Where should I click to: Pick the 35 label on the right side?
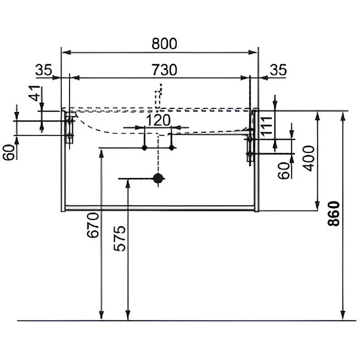tap(278, 70)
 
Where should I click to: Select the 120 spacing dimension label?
tap(157, 120)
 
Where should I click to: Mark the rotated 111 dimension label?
tap(267, 126)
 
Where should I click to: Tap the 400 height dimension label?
tap(309, 157)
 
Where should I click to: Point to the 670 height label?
tap(93, 226)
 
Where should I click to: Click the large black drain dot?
tap(157, 178)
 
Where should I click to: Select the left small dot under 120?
tap(144, 149)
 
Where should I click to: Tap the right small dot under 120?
tap(171, 149)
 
